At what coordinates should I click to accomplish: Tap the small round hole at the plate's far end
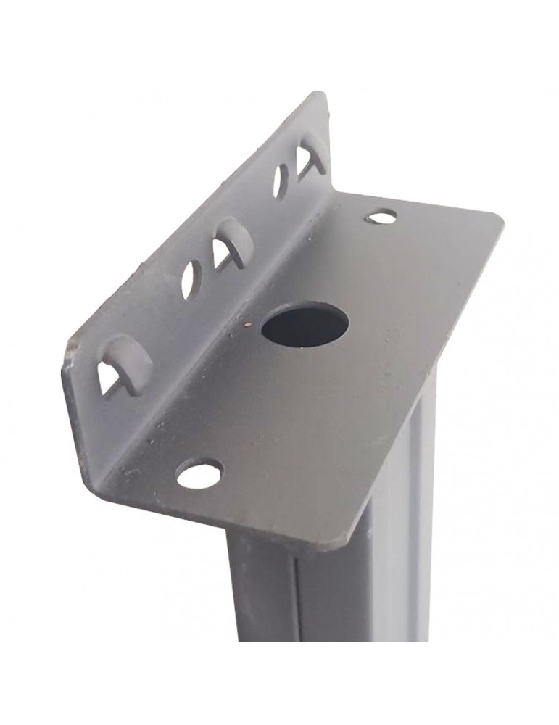[x=382, y=215]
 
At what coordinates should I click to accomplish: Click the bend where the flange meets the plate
[x=239, y=341]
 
